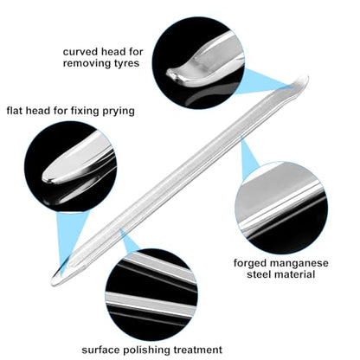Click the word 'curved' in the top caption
pos(80,52)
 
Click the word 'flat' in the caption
pos(15,111)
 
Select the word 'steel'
pos(259,274)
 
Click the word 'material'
pos(294,274)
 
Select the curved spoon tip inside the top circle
pos(173,74)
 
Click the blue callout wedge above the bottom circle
pos(128,241)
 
